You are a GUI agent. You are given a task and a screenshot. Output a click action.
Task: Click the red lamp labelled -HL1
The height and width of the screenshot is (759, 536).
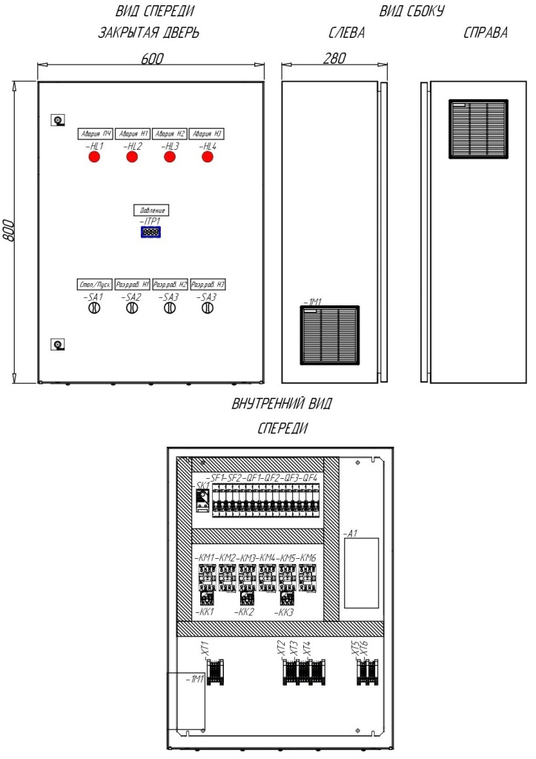click(x=94, y=157)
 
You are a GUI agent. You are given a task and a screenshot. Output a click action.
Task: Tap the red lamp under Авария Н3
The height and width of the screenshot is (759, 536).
click(x=207, y=157)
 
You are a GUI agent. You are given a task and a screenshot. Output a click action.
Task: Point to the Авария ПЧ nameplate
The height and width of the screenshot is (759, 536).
click(x=95, y=133)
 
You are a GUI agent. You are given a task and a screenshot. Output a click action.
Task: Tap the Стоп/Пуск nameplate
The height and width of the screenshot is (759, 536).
click(x=95, y=285)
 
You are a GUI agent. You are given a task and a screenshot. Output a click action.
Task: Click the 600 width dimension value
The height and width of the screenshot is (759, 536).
click(x=152, y=59)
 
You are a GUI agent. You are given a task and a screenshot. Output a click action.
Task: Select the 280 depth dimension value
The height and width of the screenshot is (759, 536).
click(x=334, y=59)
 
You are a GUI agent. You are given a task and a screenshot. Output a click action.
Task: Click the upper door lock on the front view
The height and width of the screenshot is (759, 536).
click(x=57, y=120)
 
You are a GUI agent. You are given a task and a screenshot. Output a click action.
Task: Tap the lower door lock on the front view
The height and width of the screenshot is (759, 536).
click(x=57, y=343)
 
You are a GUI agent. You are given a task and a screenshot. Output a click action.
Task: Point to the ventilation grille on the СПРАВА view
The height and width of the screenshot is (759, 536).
click(x=478, y=129)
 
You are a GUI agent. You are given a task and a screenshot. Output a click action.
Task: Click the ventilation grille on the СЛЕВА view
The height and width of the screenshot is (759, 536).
click(x=330, y=336)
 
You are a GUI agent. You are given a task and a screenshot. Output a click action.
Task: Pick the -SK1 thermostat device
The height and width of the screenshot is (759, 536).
click(x=201, y=500)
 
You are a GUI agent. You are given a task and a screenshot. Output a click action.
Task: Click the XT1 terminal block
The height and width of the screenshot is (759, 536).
click(x=215, y=672)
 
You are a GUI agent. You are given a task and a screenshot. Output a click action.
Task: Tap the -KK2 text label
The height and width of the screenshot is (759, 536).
click(x=245, y=613)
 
